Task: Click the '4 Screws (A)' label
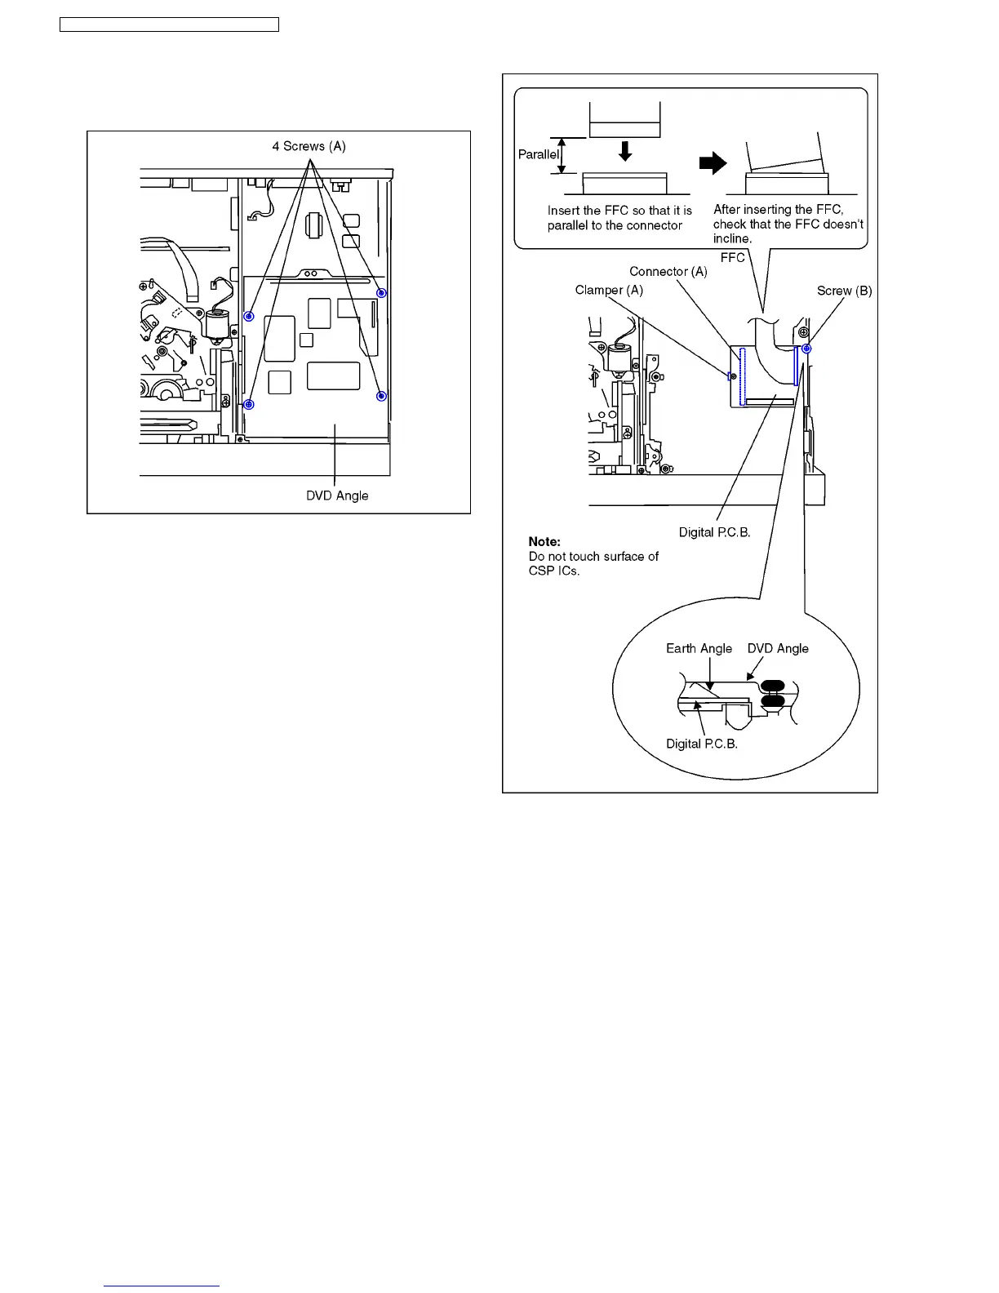pos(309,146)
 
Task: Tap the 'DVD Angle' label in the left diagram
pos(337,495)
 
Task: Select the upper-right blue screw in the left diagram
pos(380,292)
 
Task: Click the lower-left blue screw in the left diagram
pos(249,405)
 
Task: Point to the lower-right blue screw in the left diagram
pos(380,396)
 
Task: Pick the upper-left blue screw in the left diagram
pos(249,316)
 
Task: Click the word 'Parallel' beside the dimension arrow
pos(539,154)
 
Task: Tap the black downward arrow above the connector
pos(625,151)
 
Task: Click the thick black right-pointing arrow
pos(713,163)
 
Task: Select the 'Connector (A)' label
pos(668,272)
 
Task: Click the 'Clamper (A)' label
pos(609,290)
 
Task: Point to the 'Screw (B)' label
pos(844,291)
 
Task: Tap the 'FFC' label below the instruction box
pos(732,258)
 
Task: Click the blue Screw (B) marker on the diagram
pos(806,349)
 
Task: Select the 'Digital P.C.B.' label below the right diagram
pos(714,532)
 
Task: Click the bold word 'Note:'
pos(544,542)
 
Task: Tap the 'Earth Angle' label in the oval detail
pos(699,648)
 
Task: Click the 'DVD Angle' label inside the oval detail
pos(778,648)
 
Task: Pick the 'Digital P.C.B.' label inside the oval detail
pos(701,744)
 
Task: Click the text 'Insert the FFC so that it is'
pos(619,211)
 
